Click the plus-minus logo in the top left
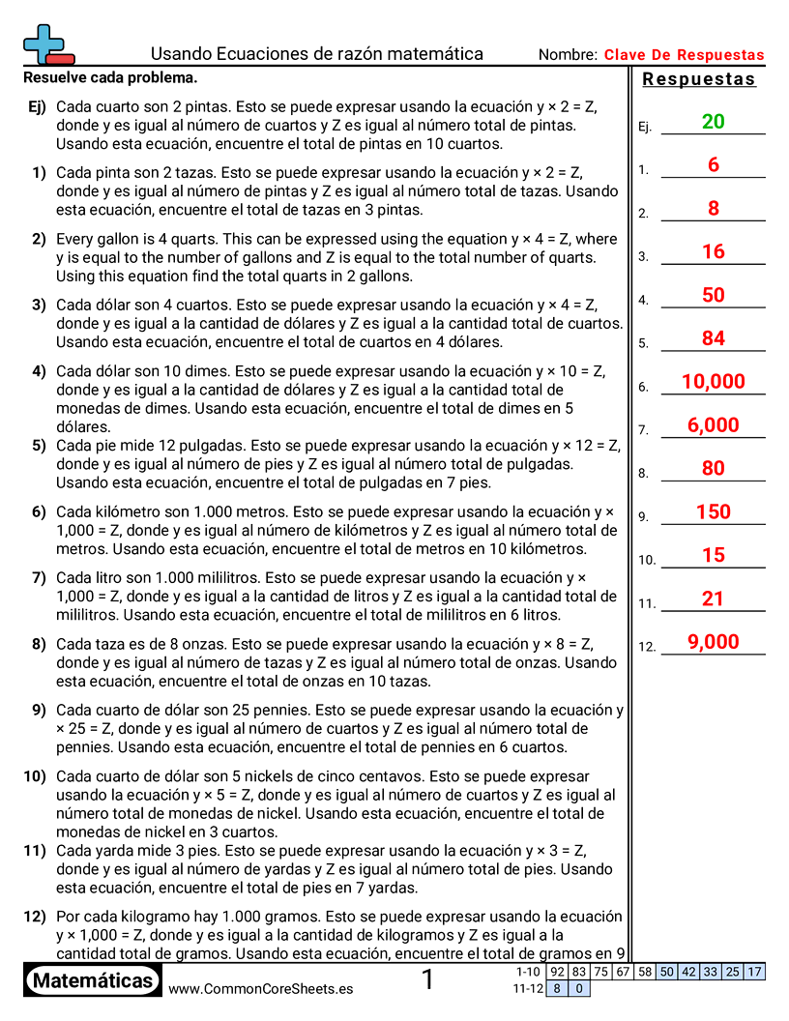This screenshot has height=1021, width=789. pyautogui.click(x=46, y=44)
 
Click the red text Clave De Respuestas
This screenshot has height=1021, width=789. pyautogui.click(x=684, y=55)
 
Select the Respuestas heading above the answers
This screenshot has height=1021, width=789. pyautogui.click(x=698, y=79)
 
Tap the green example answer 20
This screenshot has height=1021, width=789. pyautogui.click(x=714, y=122)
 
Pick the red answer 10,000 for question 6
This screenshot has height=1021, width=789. pyautogui.click(x=714, y=382)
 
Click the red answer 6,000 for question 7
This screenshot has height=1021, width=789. pyautogui.click(x=714, y=425)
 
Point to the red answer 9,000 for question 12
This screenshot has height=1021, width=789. pyautogui.click(x=714, y=642)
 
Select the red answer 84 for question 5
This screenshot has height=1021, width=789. pyautogui.click(x=714, y=338)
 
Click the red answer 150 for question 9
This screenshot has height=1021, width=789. pyautogui.click(x=714, y=512)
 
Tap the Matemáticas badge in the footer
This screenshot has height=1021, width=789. pyautogui.click(x=93, y=981)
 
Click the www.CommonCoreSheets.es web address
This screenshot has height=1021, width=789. pyautogui.click(x=260, y=988)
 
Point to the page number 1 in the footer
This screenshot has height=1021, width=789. pyautogui.click(x=427, y=980)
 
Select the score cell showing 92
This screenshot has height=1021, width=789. pyautogui.click(x=557, y=972)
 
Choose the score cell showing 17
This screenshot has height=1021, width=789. pyautogui.click(x=754, y=972)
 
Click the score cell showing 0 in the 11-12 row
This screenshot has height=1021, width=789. pyautogui.click(x=579, y=988)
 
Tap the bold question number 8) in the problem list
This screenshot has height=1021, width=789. pyautogui.click(x=39, y=644)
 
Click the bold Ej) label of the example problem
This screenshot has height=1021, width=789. pyautogui.click(x=37, y=106)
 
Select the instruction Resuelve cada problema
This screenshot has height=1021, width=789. pyautogui.click(x=110, y=77)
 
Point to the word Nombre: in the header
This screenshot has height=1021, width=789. pyautogui.click(x=568, y=55)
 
